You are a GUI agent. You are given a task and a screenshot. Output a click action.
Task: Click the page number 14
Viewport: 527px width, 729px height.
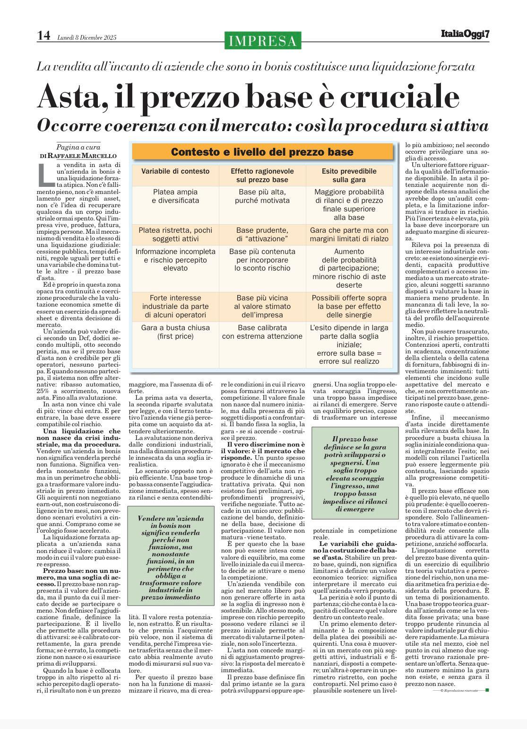coord(43,36)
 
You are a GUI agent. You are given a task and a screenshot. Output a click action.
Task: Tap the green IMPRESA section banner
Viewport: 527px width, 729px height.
coord(263,41)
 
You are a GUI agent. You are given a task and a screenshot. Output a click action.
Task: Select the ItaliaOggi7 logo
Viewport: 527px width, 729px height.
coord(465,35)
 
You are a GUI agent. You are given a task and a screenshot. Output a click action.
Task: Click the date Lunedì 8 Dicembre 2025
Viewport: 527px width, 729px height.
coord(86,38)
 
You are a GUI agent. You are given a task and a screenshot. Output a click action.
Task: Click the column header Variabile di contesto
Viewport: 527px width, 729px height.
coord(175,171)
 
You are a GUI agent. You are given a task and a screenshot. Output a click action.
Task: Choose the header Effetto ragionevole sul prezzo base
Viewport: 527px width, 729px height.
coord(262,176)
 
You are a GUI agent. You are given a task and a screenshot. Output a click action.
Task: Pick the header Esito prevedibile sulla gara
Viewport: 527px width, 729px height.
coord(349,176)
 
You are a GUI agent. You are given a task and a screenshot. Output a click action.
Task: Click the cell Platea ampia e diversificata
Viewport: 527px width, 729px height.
coord(175,196)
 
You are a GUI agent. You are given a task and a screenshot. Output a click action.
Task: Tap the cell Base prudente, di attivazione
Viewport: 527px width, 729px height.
coord(262,234)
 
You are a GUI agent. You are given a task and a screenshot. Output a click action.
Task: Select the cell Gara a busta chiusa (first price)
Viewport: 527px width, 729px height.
coord(175,332)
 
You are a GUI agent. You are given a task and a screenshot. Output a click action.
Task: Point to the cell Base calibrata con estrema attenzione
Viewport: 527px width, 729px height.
coord(262,332)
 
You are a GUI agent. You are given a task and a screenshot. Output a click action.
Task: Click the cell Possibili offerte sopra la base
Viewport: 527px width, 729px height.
coord(349,306)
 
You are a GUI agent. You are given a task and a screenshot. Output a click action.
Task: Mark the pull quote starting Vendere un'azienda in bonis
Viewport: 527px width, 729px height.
coord(171,558)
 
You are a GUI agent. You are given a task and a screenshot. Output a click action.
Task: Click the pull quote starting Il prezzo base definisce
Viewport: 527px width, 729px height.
coord(355,474)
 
